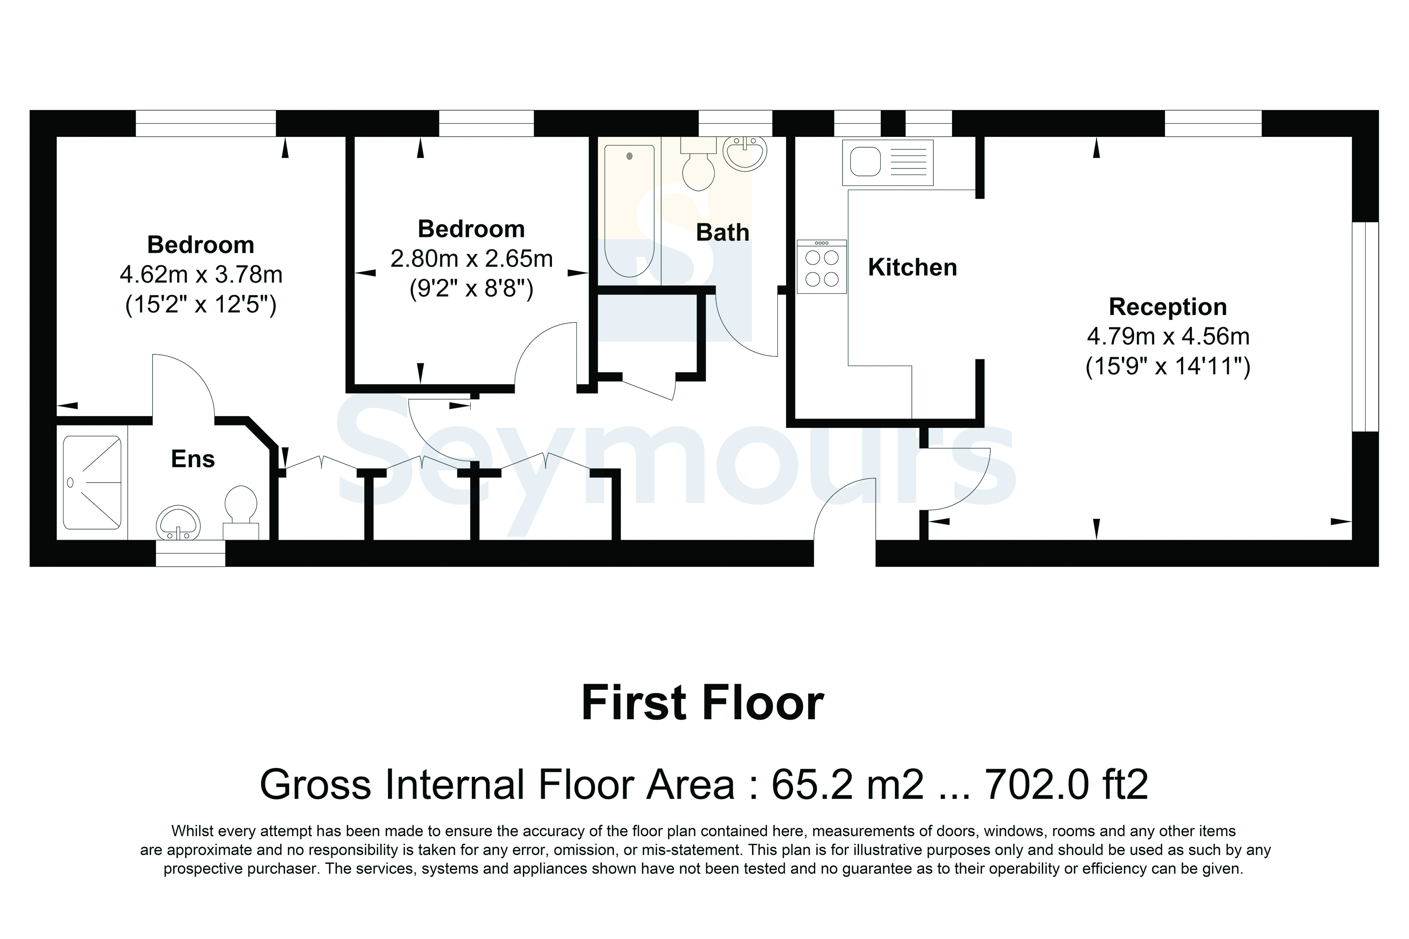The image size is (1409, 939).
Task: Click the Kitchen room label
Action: [x=912, y=268]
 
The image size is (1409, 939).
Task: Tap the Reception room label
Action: [x=1168, y=307]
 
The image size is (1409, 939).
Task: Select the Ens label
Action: [x=193, y=459]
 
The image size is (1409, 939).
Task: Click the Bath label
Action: [x=722, y=232]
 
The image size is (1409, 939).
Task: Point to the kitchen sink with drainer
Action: [x=887, y=162]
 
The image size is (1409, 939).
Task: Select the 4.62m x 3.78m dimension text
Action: [x=201, y=275]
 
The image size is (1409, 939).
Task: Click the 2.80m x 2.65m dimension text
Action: [x=471, y=259]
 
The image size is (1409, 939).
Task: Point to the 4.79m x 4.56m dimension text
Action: [x=1168, y=336]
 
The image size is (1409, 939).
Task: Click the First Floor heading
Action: [x=702, y=703]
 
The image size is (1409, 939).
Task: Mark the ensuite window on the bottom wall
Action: [x=190, y=553]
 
